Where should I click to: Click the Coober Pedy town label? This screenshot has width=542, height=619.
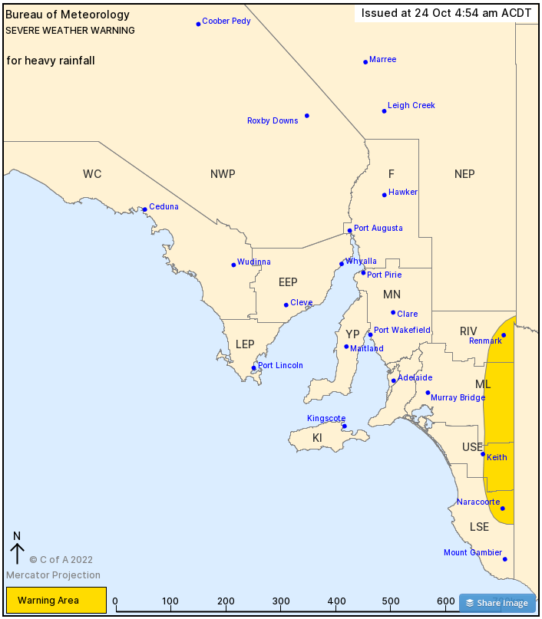(226, 21)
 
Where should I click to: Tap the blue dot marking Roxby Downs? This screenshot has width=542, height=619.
(307, 116)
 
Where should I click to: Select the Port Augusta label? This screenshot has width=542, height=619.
(378, 229)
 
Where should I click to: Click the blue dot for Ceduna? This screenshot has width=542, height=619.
(144, 209)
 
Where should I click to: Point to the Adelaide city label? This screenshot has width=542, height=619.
(415, 378)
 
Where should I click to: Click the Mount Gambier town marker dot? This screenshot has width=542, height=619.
(505, 559)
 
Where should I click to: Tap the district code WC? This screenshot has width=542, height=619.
(92, 174)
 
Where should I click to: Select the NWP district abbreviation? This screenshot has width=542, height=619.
(223, 174)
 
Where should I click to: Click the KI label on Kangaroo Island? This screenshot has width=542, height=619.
(317, 438)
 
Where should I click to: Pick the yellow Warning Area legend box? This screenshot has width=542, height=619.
(56, 601)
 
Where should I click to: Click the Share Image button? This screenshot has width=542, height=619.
(497, 603)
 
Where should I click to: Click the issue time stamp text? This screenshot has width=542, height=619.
(446, 13)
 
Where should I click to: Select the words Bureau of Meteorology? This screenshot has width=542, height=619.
(68, 15)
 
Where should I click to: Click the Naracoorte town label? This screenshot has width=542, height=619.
(478, 502)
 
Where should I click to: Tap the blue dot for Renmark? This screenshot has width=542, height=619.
(504, 335)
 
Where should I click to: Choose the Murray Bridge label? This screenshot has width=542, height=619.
(458, 398)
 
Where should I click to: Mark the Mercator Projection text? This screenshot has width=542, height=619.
(53, 575)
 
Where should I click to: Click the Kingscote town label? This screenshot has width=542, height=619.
(326, 419)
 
